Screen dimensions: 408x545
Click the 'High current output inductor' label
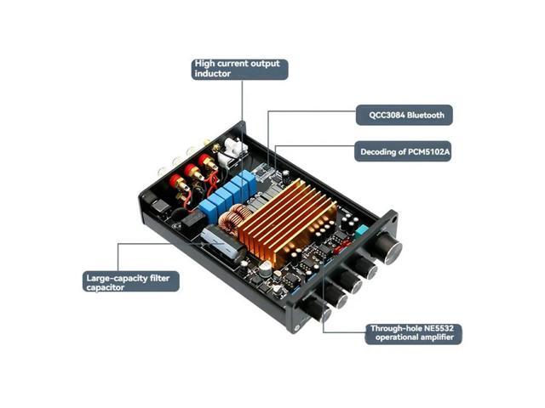(240, 69)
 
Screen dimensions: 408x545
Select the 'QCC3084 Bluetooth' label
(404, 114)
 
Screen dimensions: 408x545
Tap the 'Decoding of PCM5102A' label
(404, 152)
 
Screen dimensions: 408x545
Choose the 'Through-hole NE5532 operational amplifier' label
(413, 332)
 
